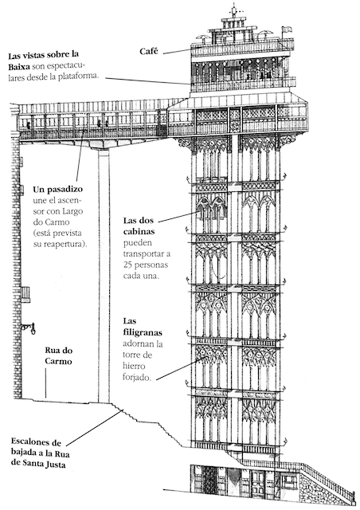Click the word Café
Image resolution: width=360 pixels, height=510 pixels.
pos(149,51)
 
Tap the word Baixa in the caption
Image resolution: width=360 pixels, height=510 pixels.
pos(19,67)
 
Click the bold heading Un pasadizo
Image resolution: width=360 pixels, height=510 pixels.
pos(58,190)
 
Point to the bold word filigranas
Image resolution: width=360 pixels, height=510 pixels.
pos(143,333)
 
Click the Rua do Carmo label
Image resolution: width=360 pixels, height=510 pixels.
pos(58,356)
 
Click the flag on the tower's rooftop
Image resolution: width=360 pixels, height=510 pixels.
pos(286,29)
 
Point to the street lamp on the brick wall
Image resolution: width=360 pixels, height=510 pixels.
pos(29,328)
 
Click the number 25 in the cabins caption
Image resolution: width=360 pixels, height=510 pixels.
pos(127,265)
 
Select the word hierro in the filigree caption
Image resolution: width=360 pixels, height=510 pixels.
pos(134,366)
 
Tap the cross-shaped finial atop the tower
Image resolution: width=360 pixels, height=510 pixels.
pos(234,11)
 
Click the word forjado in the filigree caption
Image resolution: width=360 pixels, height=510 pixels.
pos(137,377)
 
